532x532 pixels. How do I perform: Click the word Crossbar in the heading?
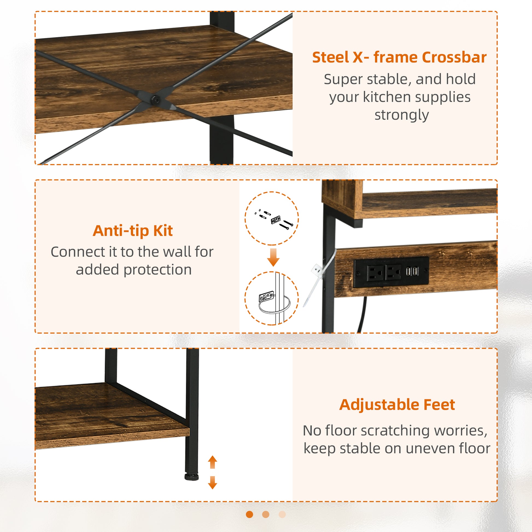[454, 58]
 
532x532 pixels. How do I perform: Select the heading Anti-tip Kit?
[133, 231]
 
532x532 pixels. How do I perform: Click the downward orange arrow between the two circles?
[273, 258]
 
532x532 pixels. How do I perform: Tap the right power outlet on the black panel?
[393, 273]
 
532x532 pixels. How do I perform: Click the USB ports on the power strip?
[412, 271]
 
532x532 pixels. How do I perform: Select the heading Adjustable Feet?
[397, 405]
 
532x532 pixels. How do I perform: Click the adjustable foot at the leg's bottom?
[191, 477]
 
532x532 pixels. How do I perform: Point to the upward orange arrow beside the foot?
[212, 462]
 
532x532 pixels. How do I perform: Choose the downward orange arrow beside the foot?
[212, 483]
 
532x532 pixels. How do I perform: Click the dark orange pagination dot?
[250, 515]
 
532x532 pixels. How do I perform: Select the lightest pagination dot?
[282, 515]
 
